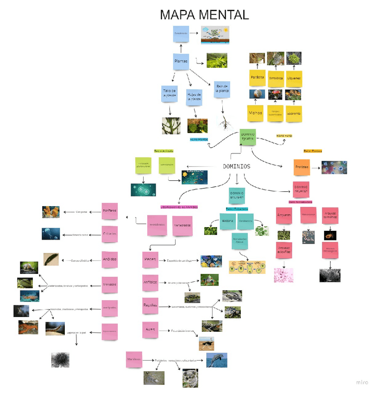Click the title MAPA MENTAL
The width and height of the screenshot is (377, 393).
click(x=204, y=15)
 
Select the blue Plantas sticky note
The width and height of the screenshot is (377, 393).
click(x=181, y=61)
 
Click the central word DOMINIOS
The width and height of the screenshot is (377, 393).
click(x=236, y=166)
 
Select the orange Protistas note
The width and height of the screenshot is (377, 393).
click(x=302, y=167)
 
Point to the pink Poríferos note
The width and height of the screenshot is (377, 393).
click(x=109, y=211)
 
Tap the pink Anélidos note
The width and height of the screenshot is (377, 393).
click(x=109, y=259)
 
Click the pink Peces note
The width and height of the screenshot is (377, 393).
click(x=150, y=260)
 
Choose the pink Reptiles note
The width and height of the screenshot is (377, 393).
click(x=150, y=306)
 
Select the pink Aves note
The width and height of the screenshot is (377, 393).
click(x=150, y=330)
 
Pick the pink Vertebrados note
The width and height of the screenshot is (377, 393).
click(x=182, y=225)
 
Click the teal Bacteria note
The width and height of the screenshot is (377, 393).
click(x=227, y=221)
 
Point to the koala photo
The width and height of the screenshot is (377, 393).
click(x=190, y=378)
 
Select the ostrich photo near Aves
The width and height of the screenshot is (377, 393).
click(x=207, y=343)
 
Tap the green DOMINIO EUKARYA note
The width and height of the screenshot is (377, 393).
click(x=248, y=136)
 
